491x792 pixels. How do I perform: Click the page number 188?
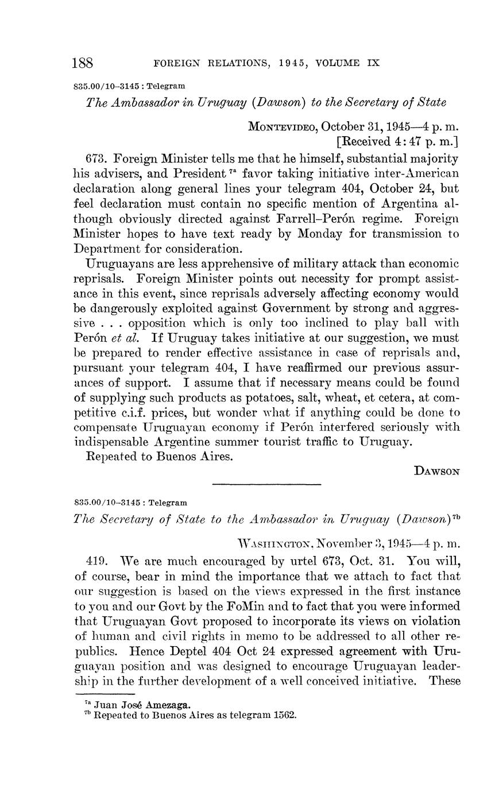click(x=83, y=63)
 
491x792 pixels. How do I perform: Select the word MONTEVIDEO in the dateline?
click(x=283, y=127)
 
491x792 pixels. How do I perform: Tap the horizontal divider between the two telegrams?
click(x=266, y=485)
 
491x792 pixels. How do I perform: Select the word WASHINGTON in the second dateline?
click(x=275, y=543)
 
